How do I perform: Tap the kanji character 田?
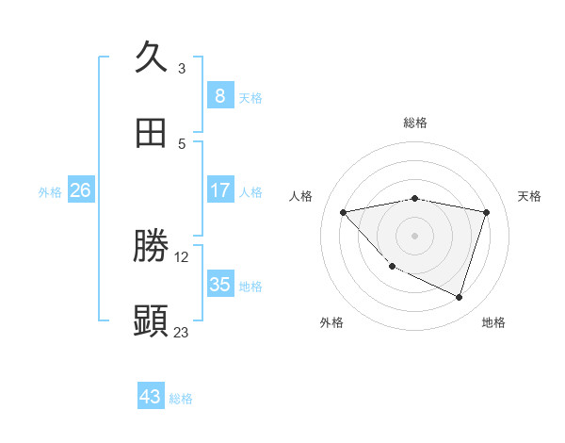click(x=152, y=133)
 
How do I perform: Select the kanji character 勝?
click(x=152, y=246)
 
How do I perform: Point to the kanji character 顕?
click(x=152, y=321)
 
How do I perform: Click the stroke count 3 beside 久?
click(x=182, y=68)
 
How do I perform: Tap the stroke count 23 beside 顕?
click(x=182, y=332)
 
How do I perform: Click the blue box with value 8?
click(x=219, y=95)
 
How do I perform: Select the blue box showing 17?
click(x=219, y=190)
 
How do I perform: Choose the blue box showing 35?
click(x=219, y=285)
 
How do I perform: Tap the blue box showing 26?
click(x=80, y=190)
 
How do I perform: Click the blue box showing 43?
click(x=151, y=397)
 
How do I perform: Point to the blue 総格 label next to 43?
click(x=181, y=399)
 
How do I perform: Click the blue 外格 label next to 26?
click(x=50, y=192)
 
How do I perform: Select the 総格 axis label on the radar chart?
click(x=415, y=123)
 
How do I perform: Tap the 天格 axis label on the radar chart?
click(x=530, y=196)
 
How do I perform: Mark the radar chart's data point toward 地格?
click(x=459, y=297)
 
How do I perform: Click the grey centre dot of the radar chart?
click(x=415, y=235)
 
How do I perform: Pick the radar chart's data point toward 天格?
click(x=486, y=212)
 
